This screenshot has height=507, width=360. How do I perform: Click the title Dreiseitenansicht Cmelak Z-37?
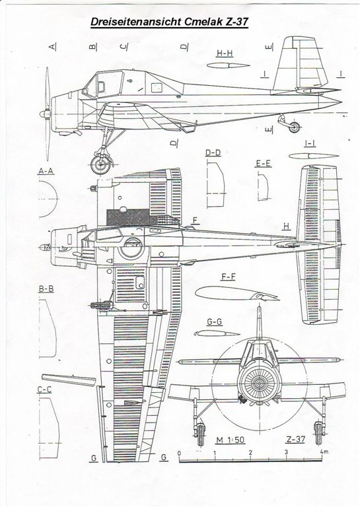tap(169, 22)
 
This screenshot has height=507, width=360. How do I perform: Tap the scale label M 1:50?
tap(231, 440)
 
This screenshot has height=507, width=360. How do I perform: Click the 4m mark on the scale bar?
tap(324, 452)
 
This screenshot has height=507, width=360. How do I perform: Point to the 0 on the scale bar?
tap(179, 453)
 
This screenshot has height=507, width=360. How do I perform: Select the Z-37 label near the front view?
tap(295, 439)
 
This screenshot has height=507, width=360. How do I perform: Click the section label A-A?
tap(46, 171)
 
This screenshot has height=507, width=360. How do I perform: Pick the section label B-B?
tap(46, 288)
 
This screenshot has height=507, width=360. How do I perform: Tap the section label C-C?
tap(44, 389)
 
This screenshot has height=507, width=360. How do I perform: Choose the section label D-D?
tap(213, 152)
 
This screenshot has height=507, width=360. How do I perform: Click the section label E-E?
tap(263, 163)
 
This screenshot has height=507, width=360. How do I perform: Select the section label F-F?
tap(228, 277)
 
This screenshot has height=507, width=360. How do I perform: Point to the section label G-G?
tap(215, 322)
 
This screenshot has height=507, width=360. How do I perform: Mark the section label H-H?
tap(225, 53)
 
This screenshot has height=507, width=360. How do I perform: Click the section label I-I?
tap(310, 143)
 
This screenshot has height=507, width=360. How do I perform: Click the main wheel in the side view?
tap(100, 164)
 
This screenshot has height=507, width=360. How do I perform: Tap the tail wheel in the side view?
tap(294, 127)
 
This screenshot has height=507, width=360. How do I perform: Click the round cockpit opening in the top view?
tap(131, 249)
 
